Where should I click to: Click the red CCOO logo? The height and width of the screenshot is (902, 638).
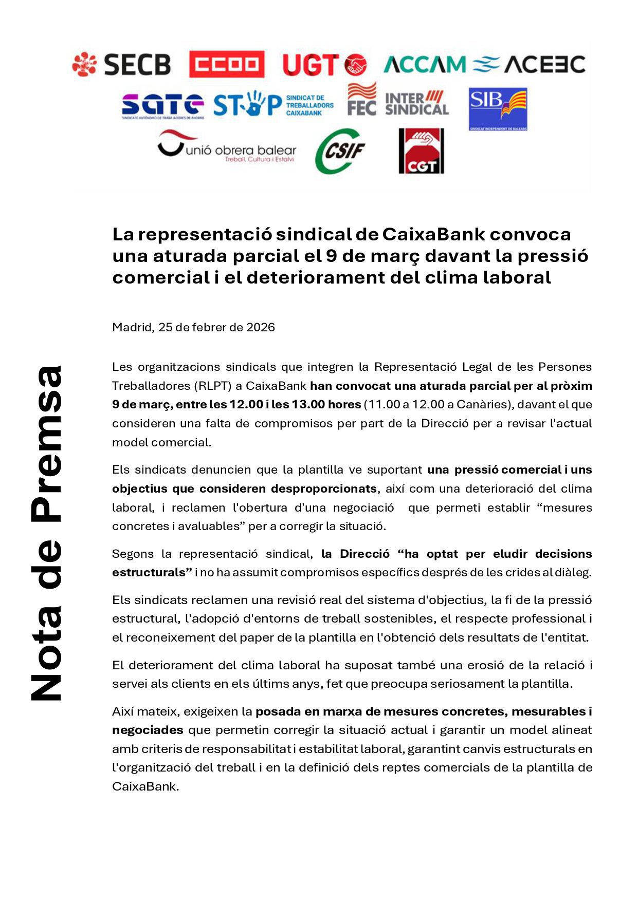tap(226, 64)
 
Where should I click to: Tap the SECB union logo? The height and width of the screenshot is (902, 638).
tap(121, 64)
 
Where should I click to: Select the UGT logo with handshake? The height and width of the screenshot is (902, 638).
tap(324, 65)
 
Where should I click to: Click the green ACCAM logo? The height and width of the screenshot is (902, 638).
tap(424, 64)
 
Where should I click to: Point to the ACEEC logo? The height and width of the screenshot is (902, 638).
tap(530, 64)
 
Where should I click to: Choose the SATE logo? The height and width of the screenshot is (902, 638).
tap(162, 106)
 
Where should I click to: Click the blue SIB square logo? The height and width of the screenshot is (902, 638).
tap(498, 109)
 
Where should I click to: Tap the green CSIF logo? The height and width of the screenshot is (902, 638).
tap(340, 151)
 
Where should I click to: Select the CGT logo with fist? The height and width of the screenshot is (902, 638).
tap(421, 151)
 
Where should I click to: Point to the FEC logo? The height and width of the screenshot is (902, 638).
tap(361, 99)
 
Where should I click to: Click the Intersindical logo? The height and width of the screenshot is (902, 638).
tap(416, 103)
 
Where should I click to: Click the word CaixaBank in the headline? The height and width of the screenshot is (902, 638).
tap(433, 234)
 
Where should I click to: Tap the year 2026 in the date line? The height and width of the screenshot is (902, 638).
tap(261, 327)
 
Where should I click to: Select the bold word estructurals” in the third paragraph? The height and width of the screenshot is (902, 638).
tap(152, 572)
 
